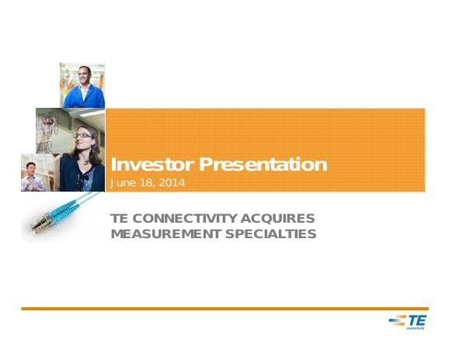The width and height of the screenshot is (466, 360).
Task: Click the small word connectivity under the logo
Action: [x=416, y=327]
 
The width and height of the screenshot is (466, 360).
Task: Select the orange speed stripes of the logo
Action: [x=396, y=320]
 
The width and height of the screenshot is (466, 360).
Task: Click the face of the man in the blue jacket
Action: [x=83, y=78]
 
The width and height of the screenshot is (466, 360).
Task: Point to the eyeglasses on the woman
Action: [x=82, y=135]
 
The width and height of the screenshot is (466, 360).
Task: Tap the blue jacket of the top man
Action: [x=84, y=98]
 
